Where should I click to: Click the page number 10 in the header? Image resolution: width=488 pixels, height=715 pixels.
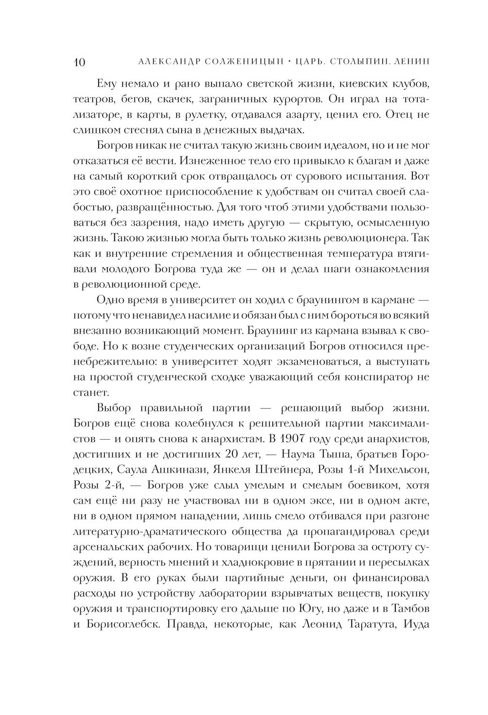point(80,62)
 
